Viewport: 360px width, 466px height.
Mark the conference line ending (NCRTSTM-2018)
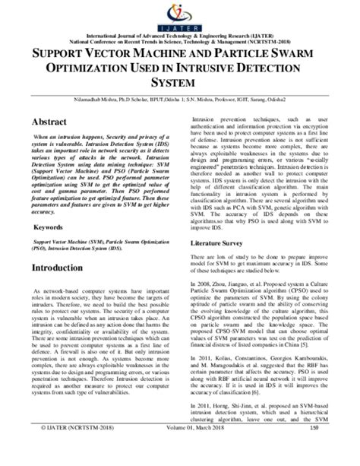point(180,43)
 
